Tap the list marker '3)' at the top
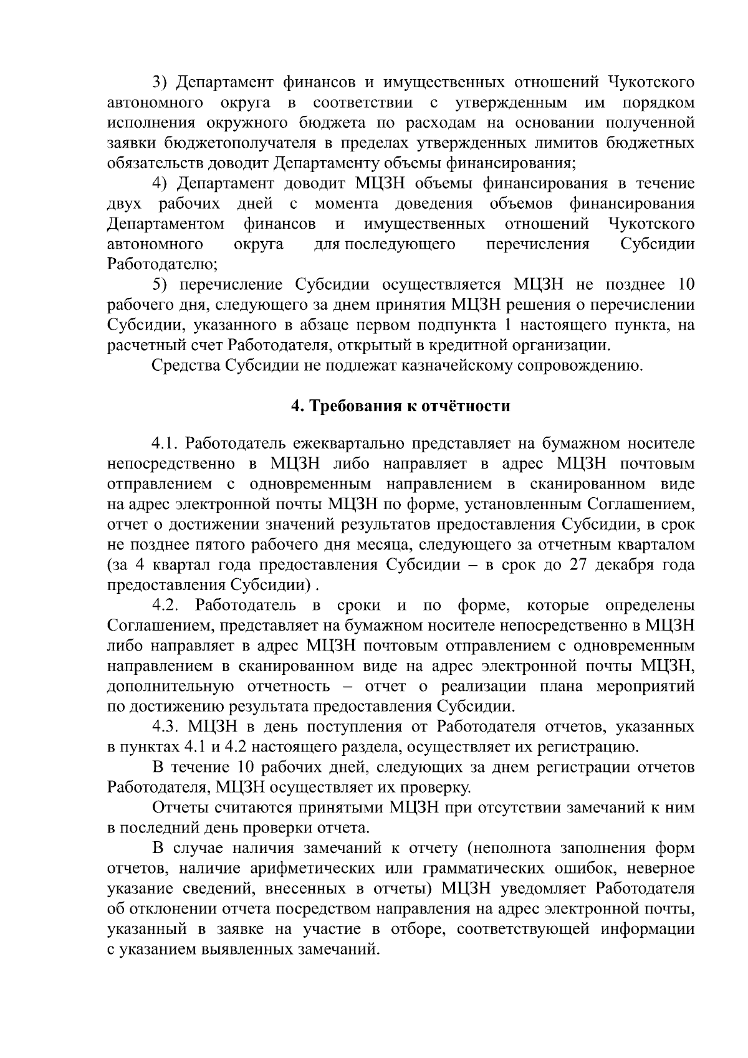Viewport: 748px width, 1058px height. (x=161, y=82)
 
